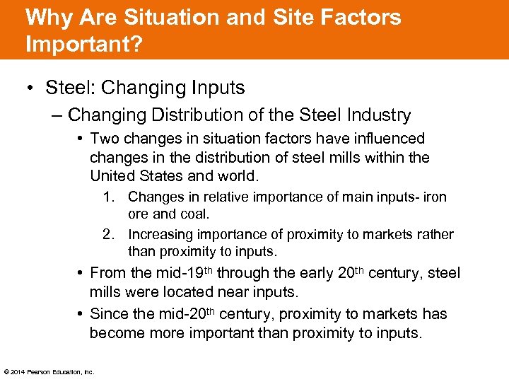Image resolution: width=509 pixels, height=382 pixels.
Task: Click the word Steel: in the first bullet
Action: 71,88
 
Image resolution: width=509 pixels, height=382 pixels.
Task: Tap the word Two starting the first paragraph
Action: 105,139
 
